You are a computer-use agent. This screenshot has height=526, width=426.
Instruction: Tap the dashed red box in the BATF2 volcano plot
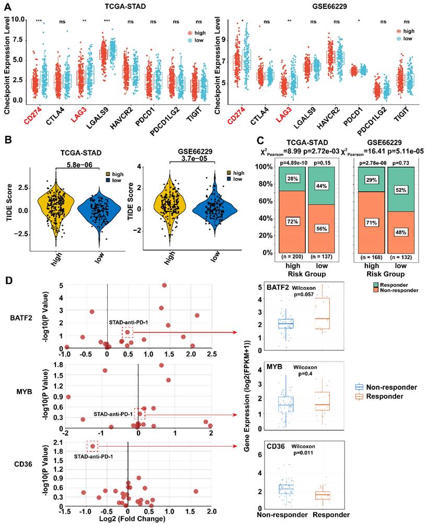(x=128, y=333)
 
